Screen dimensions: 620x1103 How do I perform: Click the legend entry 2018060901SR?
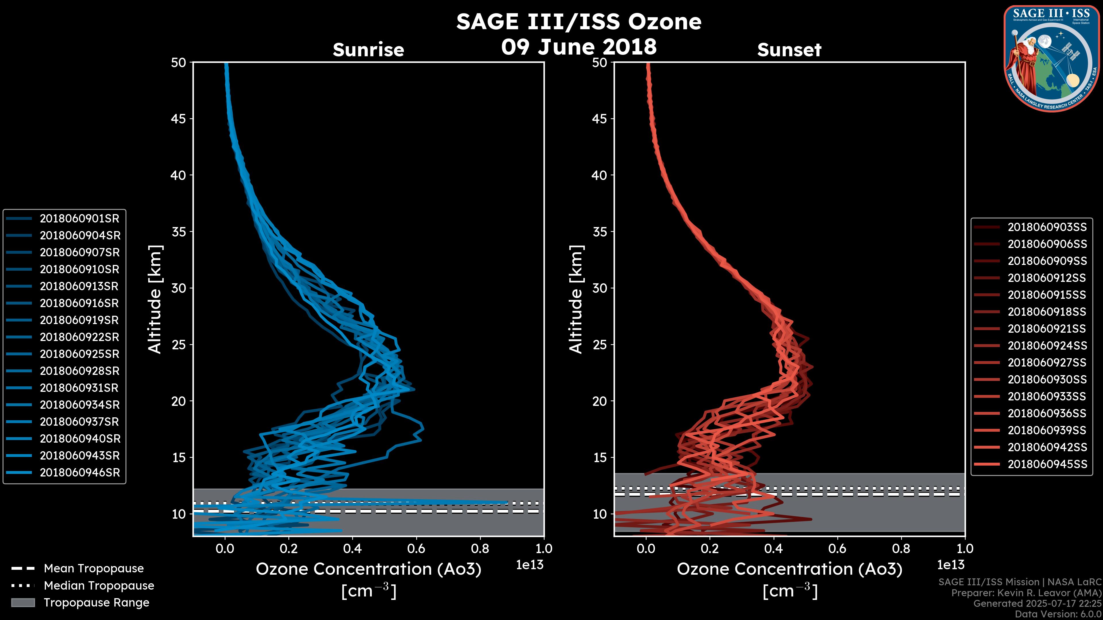click(79, 219)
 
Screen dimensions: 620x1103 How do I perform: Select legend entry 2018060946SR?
click(80, 473)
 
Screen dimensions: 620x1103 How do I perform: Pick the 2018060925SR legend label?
click(79, 354)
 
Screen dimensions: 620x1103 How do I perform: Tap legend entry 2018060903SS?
click(1047, 227)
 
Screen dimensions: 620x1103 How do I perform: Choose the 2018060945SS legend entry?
click(1047, 464)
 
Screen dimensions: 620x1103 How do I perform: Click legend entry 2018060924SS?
click(1047, 346)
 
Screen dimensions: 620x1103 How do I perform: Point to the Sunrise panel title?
click(368, 50)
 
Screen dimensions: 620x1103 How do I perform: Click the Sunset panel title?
click(789, 50)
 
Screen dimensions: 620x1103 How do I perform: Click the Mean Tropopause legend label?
click(93, 569)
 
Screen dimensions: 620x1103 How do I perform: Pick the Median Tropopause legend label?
click(99, 586)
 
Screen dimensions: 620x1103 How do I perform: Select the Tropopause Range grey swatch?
click(23, 603)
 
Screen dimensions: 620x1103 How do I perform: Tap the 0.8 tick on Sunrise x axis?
click(480, 549)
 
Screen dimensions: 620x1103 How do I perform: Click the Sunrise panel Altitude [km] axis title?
click(155, 299)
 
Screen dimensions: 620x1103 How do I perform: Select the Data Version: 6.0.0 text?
click(1058, 615)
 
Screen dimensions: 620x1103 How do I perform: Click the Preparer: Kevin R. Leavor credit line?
click(1026, 593)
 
